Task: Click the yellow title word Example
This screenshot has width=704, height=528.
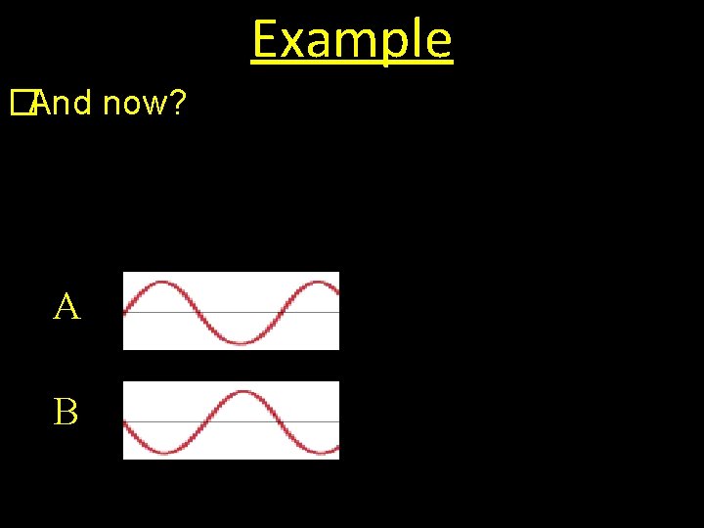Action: pos(352,40)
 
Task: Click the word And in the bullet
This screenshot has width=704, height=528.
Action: pos(63,102)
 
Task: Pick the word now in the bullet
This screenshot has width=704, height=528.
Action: pos(132,103)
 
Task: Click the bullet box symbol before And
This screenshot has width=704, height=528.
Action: pos(22,102)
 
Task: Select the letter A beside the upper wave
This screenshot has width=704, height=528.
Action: pos(66,308)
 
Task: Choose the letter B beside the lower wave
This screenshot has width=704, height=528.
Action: pos(66,413)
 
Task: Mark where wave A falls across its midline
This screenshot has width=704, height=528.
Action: pos(198,313)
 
